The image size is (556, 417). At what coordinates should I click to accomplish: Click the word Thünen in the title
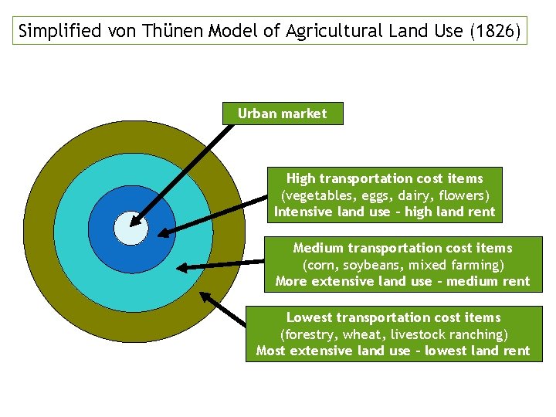165,32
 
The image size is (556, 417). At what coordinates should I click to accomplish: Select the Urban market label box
282,114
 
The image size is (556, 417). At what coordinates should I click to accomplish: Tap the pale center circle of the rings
131,228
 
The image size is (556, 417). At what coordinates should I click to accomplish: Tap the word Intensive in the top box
304,212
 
